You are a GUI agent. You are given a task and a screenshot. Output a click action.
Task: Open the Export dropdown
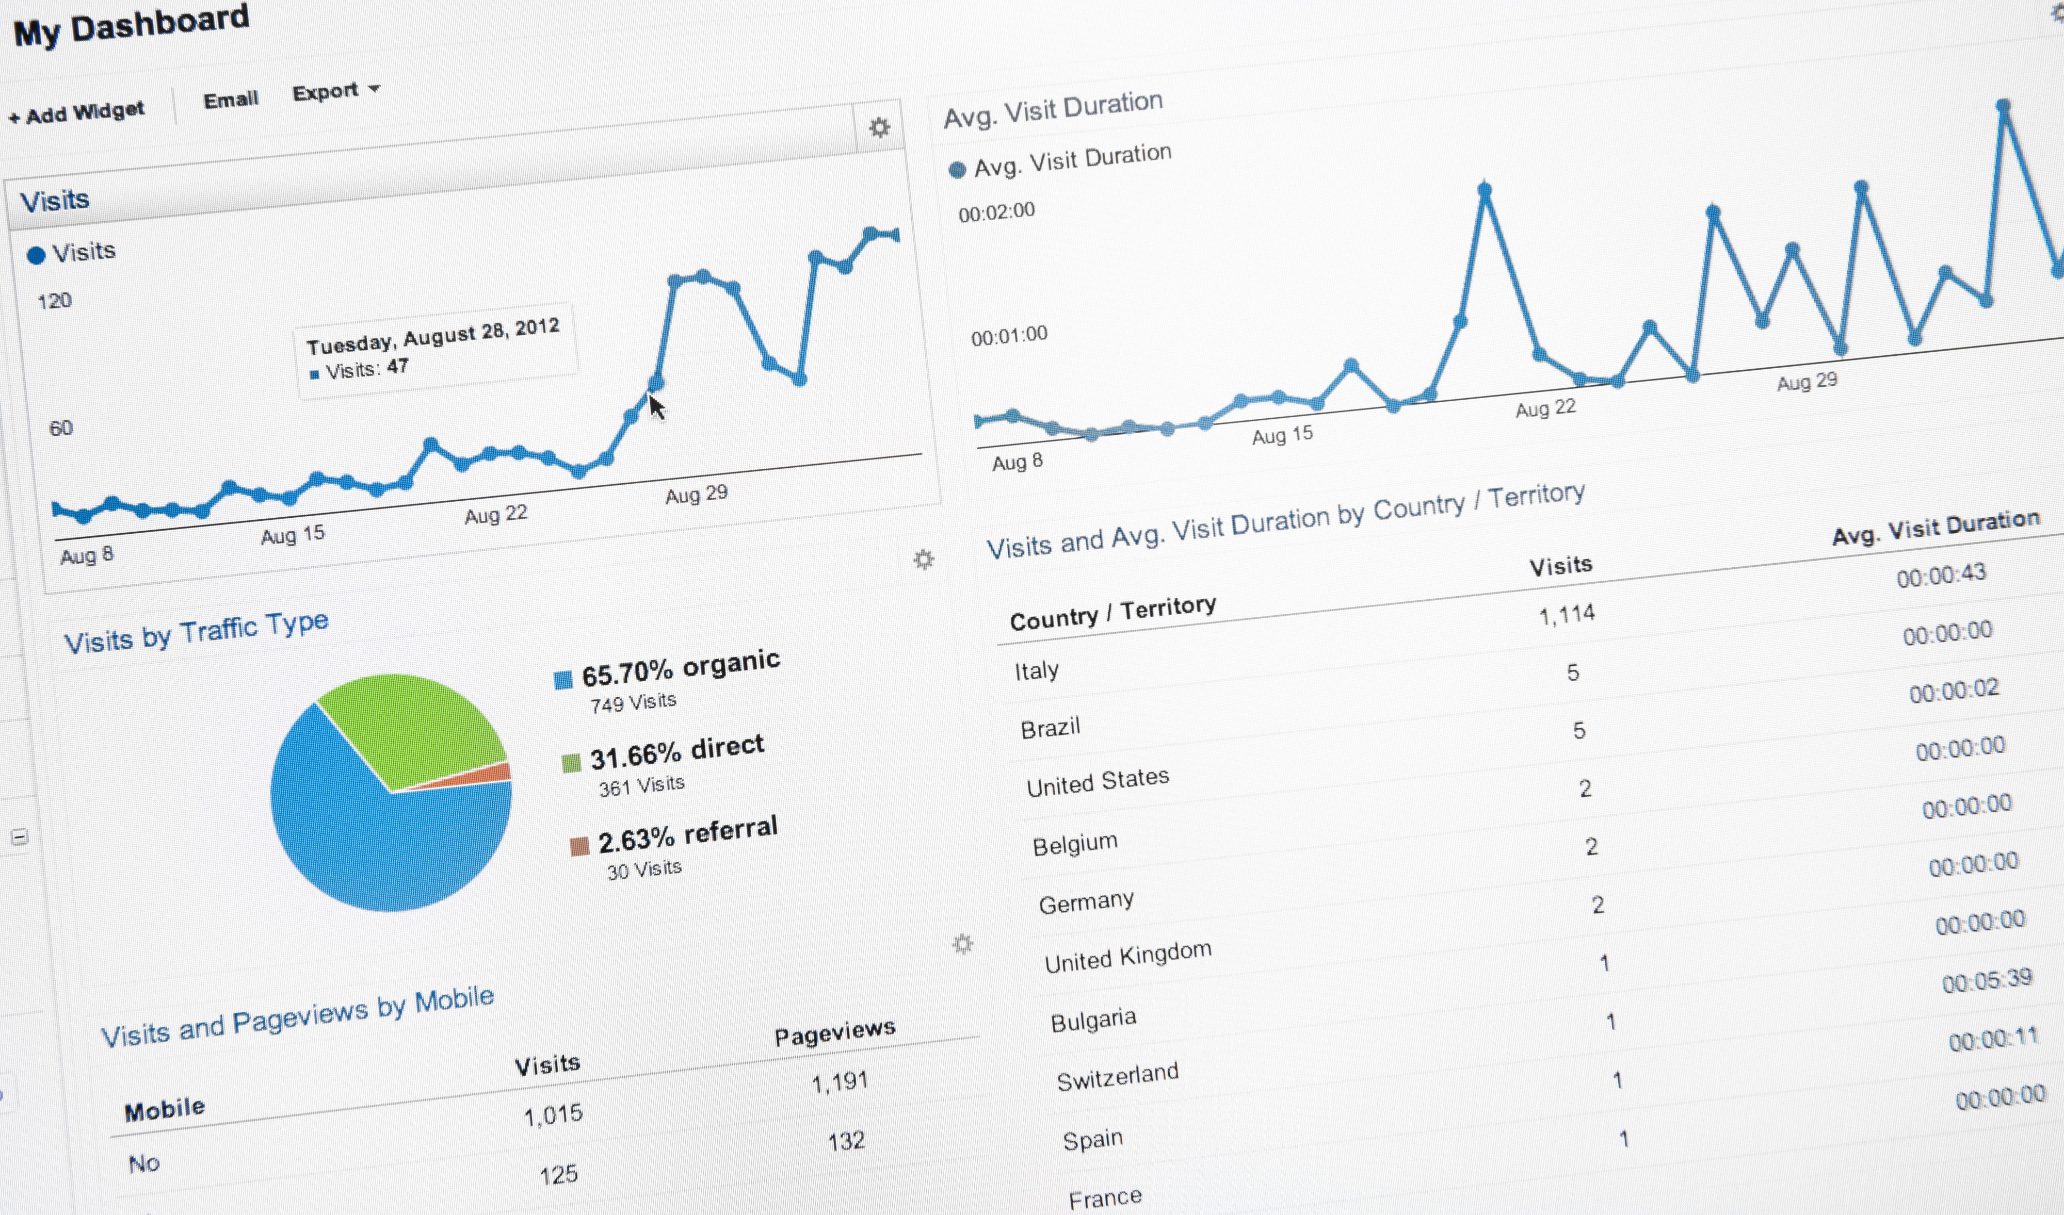click(336, 91)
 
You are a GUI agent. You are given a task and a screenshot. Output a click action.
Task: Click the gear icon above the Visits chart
click(879, 128)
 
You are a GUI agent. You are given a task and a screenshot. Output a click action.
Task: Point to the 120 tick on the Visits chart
click(55, 301)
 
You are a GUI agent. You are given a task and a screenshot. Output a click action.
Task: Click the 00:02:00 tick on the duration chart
click(996, 212)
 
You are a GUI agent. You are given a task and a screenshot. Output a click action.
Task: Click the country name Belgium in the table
click(1075, 843)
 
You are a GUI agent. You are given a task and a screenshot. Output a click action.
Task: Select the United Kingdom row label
click(1127, 956)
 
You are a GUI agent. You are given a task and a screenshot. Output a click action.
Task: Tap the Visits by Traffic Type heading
click(197, 633)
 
